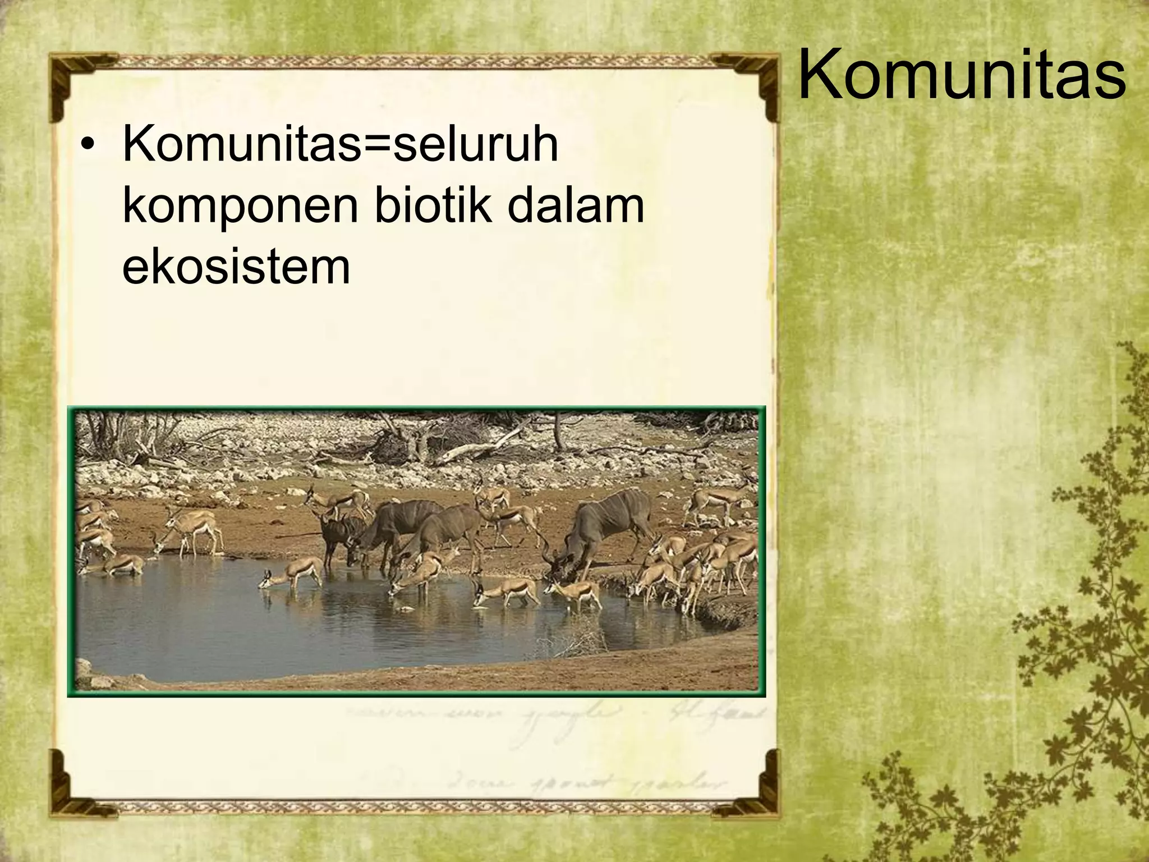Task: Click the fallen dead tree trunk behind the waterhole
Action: pyautogui.click(x=477, y=449)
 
